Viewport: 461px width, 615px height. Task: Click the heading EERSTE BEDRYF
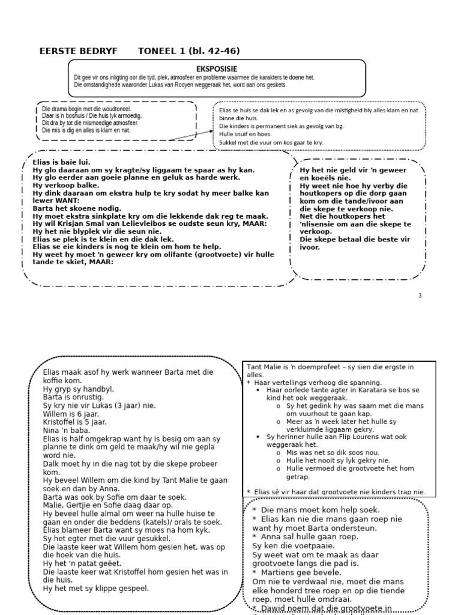(79, 51)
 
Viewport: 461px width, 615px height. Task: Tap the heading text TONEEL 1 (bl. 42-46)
(188, 51)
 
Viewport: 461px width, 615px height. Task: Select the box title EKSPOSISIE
(217, 69)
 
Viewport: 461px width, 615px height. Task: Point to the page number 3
(420, 295)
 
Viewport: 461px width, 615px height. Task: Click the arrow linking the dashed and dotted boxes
(190, 135)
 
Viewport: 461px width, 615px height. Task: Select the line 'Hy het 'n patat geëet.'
(82, 563)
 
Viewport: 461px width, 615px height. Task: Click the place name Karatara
(372, 390)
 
